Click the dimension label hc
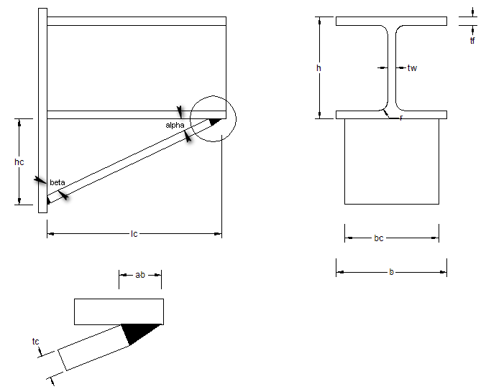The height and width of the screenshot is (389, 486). [x=19, y=162]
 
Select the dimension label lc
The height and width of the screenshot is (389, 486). [x=134, y=234]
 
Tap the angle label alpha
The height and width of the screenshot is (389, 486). [x=175, y=125]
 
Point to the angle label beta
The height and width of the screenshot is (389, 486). [x=58, y=182]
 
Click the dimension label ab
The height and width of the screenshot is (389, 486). [x=140, y=274]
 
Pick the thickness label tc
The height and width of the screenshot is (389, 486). [x=36, y=342]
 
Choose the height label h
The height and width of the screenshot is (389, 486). [x=318, y=68]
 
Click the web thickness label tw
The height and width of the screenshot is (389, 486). [x=412, y=68]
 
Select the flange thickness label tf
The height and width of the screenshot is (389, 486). [x=472, y=41]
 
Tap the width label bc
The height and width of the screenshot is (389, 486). [x=379, y=238]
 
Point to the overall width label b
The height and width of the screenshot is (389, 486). [x=390, y=272]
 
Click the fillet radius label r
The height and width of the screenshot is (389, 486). [x=400, y=117]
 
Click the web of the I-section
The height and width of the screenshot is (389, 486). [x=391, y=68]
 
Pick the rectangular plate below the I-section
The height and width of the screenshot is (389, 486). [x=391, y=161]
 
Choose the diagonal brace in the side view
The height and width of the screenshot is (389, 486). [x=129, y=161]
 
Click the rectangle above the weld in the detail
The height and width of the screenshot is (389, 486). [x=119, y=311]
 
